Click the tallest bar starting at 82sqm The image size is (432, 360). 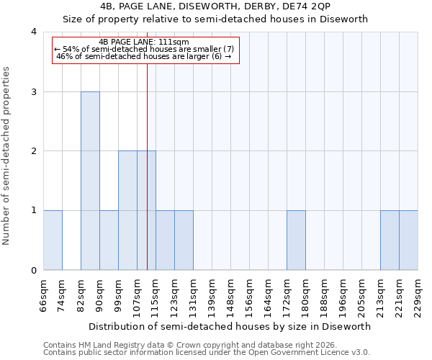click(x=90, y=181)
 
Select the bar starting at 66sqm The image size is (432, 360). click(x=53, y=240)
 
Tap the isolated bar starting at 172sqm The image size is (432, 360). click(x=296, y=240)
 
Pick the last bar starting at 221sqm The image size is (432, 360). click(x=408, y=240)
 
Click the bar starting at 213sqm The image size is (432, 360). click(x=390, y=240)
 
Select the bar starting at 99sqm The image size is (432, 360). click(x=127, y=210)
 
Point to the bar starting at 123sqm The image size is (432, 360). click(x=184, y=240)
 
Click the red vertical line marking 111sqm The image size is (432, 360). click(x=147, y=180)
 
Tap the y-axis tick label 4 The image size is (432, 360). click(x=34, y=32)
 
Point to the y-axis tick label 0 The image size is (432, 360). click(x=34, y=271)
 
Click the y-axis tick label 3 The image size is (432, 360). click(x=34, y=91)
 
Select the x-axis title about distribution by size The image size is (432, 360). click(x=230, y=326)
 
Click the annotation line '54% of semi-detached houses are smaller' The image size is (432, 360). click(x=144, y=49)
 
